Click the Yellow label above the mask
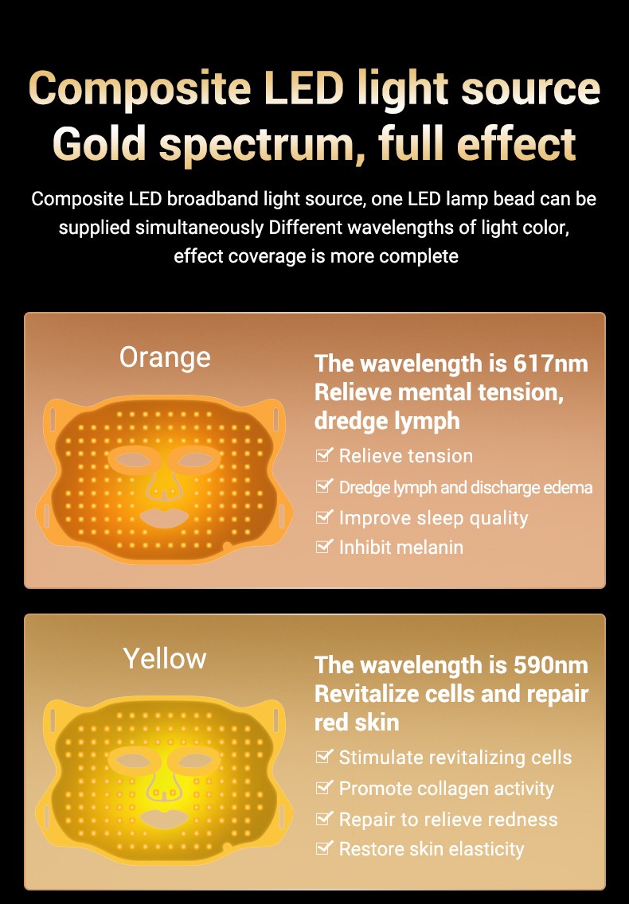point(165,658)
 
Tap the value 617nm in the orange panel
point(550,364)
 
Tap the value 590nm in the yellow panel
point(550,664)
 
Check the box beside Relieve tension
point(324,455)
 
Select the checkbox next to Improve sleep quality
point(324,516)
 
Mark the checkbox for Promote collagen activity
point(324,787)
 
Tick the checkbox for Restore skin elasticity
point(324,847)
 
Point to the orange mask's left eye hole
point(132,461)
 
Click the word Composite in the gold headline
point(139,89)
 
